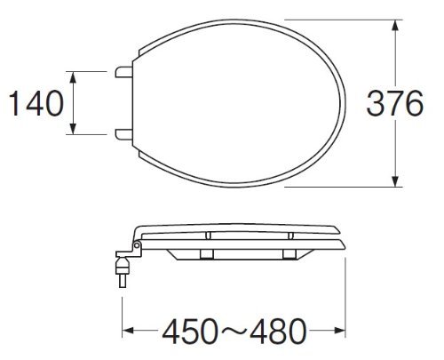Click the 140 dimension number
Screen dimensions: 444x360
36,103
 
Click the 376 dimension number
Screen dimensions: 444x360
395,103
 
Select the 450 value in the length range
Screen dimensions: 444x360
190,331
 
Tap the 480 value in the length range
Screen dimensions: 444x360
278,331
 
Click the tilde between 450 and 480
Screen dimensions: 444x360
234,330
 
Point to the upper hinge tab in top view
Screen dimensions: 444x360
123,72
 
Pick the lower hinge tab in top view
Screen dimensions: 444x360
123,134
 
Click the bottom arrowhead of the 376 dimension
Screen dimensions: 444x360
395,181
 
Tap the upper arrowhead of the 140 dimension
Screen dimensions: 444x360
74,77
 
